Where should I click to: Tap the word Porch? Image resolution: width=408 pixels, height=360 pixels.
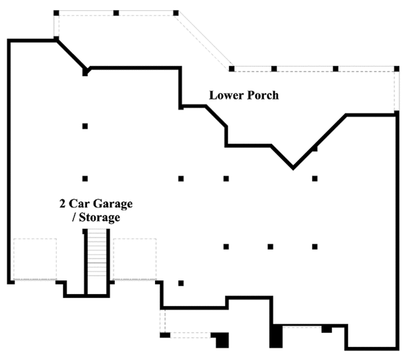tap(262, 95)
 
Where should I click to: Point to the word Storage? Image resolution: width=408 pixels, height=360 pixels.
tap(101, 218)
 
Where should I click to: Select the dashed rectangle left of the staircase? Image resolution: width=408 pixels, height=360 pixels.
tap(35, 259)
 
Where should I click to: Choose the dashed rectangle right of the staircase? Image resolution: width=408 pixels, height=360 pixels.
tap(135, 259)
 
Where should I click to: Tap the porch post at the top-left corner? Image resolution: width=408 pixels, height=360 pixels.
tap(56, 13)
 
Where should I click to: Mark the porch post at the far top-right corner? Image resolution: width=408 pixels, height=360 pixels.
tap(396, 68)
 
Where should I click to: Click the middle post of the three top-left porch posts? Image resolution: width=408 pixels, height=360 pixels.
tap(116, 13)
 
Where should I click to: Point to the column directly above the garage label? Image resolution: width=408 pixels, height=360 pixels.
tap(85, 179)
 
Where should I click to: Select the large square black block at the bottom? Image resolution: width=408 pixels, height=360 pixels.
tap(222, 338)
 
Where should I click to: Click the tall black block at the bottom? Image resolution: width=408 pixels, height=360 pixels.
tap(276, 335)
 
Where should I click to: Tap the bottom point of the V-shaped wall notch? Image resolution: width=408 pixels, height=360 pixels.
tap(293, 167)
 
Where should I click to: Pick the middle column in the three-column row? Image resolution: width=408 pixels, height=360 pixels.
tap(270, 246)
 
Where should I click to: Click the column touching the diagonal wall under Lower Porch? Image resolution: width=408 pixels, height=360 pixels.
tap(314, 148)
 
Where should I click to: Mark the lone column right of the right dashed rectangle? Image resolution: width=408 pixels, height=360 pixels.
tap(181, 282)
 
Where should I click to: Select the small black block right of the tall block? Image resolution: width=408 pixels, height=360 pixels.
tap(326, 329)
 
